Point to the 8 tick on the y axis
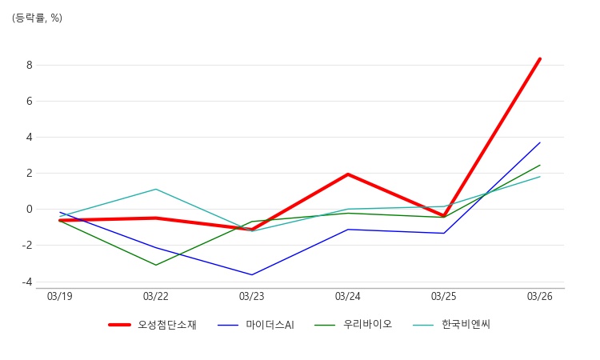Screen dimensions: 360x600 coord(29,65)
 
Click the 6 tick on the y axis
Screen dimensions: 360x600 coord(29,101)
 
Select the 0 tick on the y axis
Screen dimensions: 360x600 coord(29,210)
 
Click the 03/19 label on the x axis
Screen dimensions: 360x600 coord(59,297)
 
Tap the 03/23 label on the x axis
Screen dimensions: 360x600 coord(251,297)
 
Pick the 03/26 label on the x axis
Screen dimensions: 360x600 coord(539,297)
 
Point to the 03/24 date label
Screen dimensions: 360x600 coord(347,297)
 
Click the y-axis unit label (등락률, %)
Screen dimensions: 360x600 coord(37,18)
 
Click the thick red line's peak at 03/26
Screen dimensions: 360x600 coord(540,58)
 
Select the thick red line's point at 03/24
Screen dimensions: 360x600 coord(348,174)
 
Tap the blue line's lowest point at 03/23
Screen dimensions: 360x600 coord(252,275)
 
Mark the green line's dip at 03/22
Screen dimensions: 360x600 coord(156,265)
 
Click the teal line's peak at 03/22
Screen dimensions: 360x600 coord(156,189)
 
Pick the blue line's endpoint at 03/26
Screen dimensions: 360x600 coord(540,142)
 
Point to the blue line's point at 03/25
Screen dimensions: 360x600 coord(444,233)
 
